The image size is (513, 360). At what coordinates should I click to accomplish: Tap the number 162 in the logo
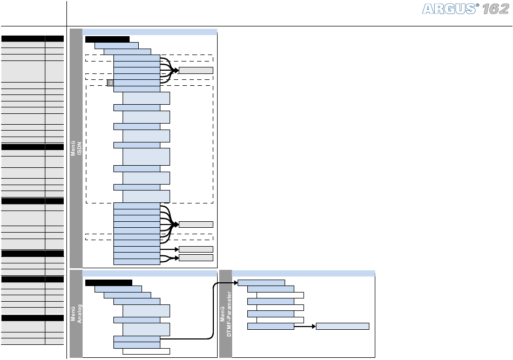click(496, 9)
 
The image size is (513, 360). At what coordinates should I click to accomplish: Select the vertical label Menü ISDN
click(76, 148)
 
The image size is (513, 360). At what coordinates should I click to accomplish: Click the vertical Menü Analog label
click(76, 314)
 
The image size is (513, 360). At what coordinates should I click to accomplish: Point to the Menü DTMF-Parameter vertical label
click(226, 314)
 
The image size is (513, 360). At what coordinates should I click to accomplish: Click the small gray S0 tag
click(110, 83)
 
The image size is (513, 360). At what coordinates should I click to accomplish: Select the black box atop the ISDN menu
click(107, 39)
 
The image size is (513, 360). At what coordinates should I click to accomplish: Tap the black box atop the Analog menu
click(109, 282)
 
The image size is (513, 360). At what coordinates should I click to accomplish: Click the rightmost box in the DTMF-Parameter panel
click(342, 327)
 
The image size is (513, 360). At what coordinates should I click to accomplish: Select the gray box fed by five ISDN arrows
click(196, 70)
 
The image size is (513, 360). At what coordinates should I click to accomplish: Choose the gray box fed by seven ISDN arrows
click(196, 225)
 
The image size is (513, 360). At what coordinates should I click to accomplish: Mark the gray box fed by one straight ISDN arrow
click(196, 249)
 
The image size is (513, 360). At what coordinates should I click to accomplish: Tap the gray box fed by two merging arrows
click(196, 257)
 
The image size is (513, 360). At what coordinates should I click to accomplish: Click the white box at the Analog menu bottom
click(146, 351)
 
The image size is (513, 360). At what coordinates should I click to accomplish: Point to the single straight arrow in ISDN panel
click(170, 249)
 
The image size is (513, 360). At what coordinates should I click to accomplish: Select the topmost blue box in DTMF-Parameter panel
click(261, 283)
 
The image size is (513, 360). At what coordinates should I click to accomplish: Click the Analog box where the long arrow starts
click(137, 339)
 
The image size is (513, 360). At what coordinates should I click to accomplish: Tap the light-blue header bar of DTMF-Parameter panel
click(303, 273)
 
